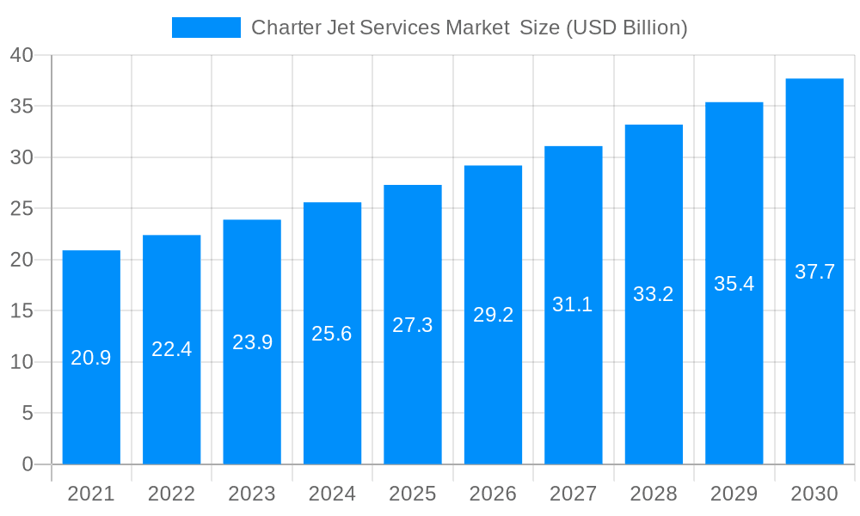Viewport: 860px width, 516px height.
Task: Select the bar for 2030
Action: [x=814, y=370]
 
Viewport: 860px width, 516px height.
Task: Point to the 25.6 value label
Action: [x=332, y=334]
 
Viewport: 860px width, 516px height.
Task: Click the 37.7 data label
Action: [x=814, y=272]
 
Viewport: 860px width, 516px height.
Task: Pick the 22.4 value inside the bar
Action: [x=171, y=349]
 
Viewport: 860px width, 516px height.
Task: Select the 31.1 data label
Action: [x=573, y=304]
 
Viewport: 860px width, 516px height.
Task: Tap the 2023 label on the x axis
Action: [x=252, y=494]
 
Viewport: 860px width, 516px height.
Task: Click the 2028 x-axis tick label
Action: [x=654, y=494]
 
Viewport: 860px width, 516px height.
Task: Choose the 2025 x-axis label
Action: [x=413, y=494]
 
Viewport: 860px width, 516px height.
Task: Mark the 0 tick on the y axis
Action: [x=27, y=464]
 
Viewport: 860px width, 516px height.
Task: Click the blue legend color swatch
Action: [x=206, y=28]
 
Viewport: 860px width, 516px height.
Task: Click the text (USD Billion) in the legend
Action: [x=625, y=28]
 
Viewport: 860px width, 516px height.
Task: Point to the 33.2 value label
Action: [x=654, y=294]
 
